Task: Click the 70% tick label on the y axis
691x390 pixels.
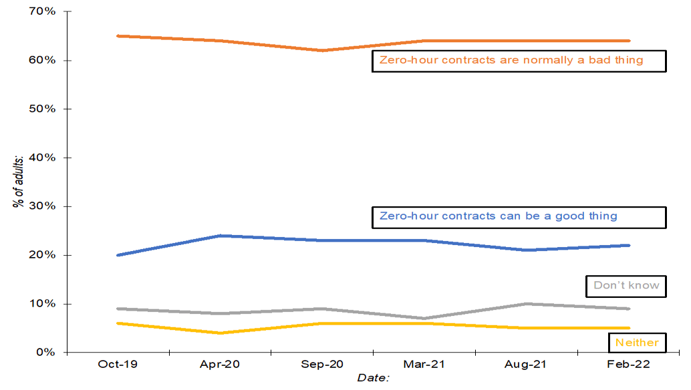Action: click(41, 12)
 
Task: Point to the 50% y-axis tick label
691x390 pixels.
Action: click(41, 109)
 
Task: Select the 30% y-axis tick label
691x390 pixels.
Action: click(41, 206)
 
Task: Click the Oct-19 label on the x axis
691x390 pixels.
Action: click(118, 365)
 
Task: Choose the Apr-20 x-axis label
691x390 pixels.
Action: click(220, 365)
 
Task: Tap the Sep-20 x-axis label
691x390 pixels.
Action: click(322, 365)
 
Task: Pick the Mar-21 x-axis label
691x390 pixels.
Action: click(424, 365)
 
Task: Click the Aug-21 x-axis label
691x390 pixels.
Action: click(527, 365)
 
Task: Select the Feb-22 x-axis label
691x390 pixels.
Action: click(629, 365)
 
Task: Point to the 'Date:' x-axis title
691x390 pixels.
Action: click(373, 378)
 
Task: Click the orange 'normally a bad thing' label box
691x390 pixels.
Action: click(519, 60)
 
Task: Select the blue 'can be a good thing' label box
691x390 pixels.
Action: click(519, 216)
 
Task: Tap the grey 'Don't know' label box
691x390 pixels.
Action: click(626, 286)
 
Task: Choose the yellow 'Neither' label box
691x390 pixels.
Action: click(637, 343)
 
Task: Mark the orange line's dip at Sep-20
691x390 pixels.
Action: click(322, 50)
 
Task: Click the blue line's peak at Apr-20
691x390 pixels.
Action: click(220, 236)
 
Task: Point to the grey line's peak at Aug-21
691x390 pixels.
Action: click(527, 304)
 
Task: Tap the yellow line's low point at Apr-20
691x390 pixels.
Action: click(220, 333)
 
